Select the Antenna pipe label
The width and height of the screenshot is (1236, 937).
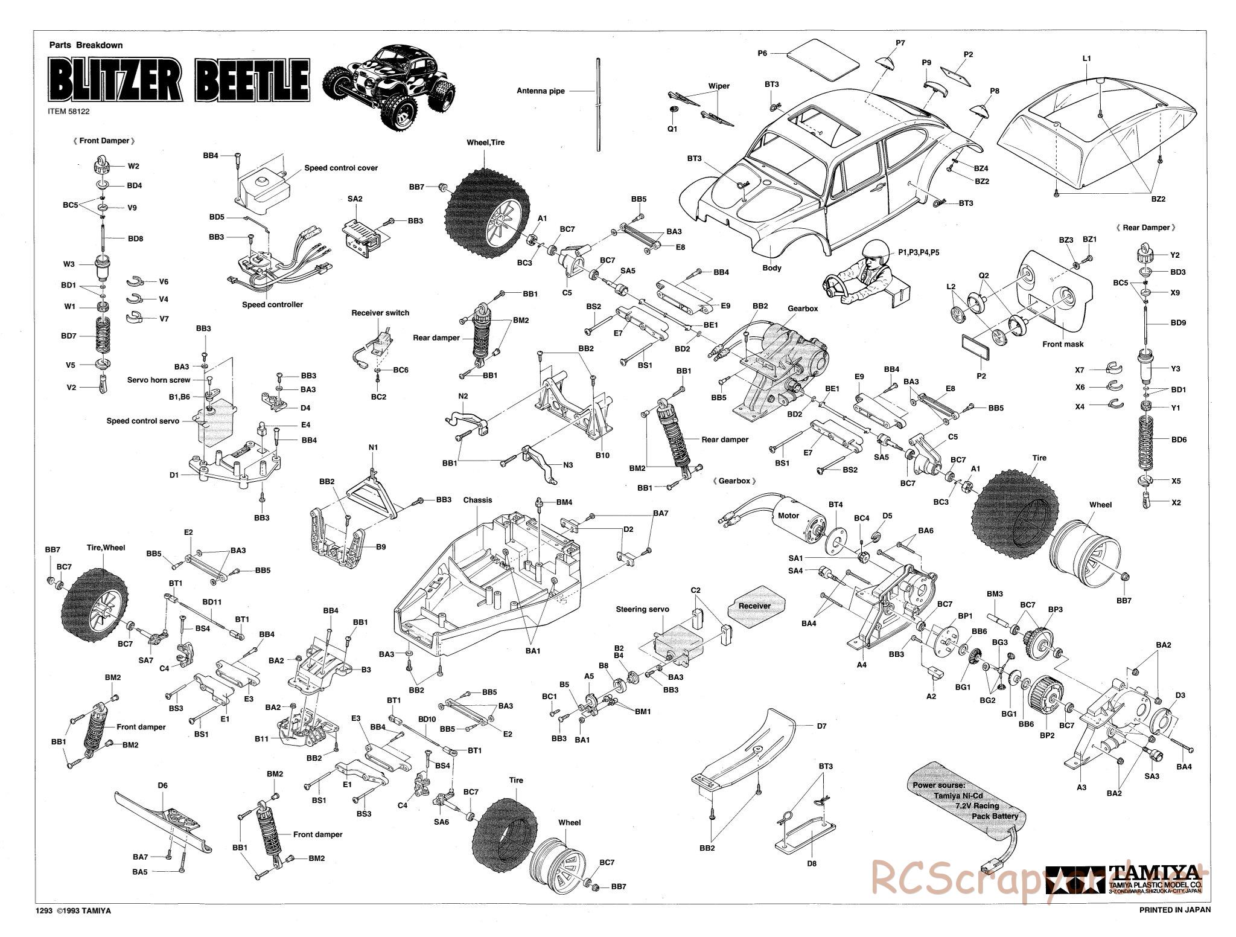coord(541,91)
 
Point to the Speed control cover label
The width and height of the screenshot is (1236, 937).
coord(341,168)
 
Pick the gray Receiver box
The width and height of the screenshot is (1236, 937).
coord(754,606)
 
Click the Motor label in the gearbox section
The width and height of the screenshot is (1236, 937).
coord(788,515)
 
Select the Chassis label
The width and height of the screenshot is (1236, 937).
coord(478,500)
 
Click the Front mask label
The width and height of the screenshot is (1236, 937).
coord(1063,344)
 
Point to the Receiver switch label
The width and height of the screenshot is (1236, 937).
coord(380,313)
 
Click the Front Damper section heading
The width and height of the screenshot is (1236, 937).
coord(103,141)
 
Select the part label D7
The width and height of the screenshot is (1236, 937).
coord(821,726)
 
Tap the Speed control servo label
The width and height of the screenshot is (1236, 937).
coord(142,421)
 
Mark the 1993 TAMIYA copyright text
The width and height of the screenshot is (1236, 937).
coord(74,928)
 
